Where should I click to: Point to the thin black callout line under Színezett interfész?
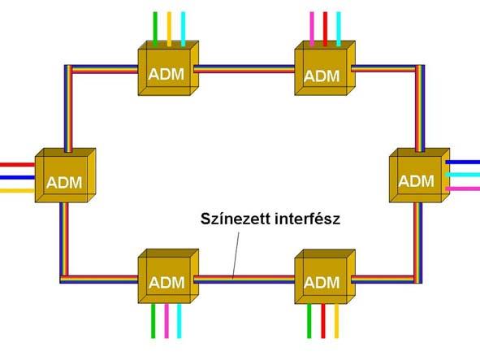tap(236, 255)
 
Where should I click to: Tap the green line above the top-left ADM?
tap(155, 29)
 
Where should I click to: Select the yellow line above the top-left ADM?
tap(169, 29)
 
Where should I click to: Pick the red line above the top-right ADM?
tap(325, 29)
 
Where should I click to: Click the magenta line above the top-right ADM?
tap(312, 29)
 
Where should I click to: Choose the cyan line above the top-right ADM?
tap(338, 29)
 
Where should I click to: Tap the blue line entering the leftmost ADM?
tap(17, 177)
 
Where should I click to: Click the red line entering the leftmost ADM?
tap(17, 165)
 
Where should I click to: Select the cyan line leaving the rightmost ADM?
tap(463, 175)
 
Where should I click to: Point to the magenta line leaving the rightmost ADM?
tap(463, 189)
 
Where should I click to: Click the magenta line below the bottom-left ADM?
tap(166, 321)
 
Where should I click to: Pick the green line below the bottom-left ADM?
tap(153, 321)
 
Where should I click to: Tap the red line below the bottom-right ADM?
tap(322, 321)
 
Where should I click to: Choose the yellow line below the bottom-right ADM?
tap(336, 321)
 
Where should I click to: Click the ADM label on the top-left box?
tap(166, 74)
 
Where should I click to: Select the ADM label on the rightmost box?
tap(416, 181)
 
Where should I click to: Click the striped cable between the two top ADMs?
tap(244, 69)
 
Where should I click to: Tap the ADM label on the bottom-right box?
tap(322, 283)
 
